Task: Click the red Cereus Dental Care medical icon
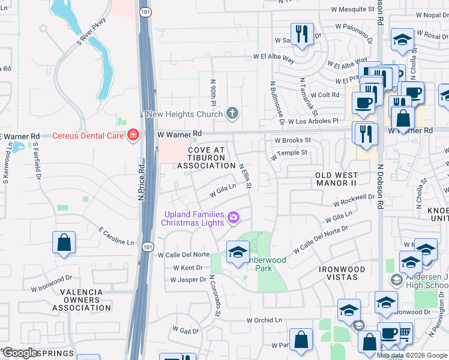pyautogui.click(x=133, y=136)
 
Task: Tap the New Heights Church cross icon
pyautogui.click(x=232, y=113)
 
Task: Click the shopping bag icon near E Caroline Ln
pyautogui.click(x=64, y=243)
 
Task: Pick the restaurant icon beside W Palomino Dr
pyautogui.click(x=301, y=33)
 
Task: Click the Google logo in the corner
pyautogui.click(x=20, y=353)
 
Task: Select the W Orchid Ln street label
pyautogui.click(x=264, y=320)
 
